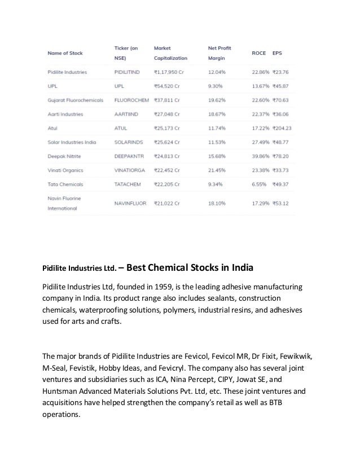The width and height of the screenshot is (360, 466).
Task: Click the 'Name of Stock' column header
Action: click(65, 53)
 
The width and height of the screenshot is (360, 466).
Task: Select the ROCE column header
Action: click(259, 53)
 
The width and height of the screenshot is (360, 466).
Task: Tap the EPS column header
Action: click(278, 53)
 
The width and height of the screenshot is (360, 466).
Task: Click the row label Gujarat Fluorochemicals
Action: click(75, 100)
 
